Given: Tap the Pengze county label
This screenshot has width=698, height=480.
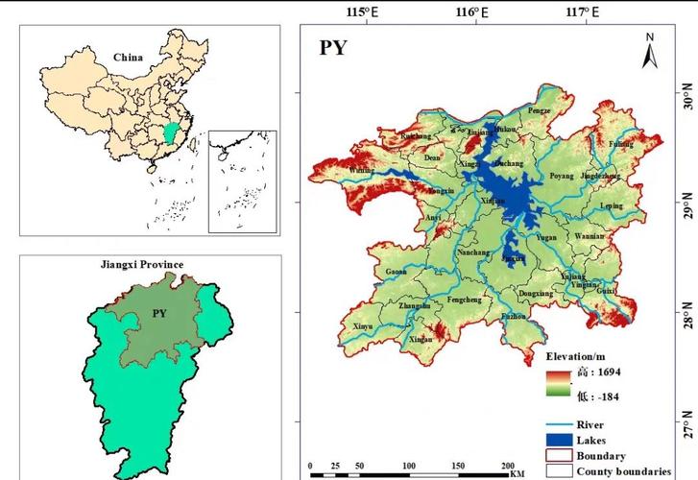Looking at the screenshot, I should [x=539, y=111].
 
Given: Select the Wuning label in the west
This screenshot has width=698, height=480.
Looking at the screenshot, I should [x=361, y=170].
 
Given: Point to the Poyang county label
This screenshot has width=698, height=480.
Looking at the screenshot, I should [x=561, y=177].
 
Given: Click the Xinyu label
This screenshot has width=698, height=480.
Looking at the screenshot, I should [x=363, y=327].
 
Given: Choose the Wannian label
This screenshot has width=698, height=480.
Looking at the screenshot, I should [x=590, y=235].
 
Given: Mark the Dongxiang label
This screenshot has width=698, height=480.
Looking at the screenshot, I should [x=535, y=294].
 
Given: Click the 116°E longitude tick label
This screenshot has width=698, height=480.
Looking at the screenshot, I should [x=471, y=12].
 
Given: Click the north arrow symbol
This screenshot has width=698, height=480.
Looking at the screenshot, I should [x=649, y=52].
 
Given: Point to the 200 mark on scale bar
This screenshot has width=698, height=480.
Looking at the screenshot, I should [x=508, y=467].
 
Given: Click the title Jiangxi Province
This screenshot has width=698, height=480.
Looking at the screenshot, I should [x=141, y=263].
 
